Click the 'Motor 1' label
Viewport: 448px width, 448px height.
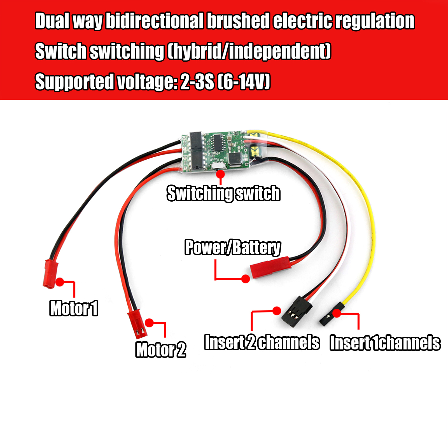click(x=74, y=308)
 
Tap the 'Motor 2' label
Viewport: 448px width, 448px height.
click(x=161, y=349)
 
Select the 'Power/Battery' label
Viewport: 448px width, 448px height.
click(x=232, y=248)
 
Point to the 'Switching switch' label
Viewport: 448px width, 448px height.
click(x=223, y=193)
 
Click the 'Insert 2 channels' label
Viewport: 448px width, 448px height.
click(x=262, y=342)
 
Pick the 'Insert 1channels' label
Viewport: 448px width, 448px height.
click(x=385, y=343)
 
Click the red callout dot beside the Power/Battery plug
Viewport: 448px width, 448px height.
click(x=246, y=279)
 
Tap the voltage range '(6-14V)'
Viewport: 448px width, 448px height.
click(x=244, y=81)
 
